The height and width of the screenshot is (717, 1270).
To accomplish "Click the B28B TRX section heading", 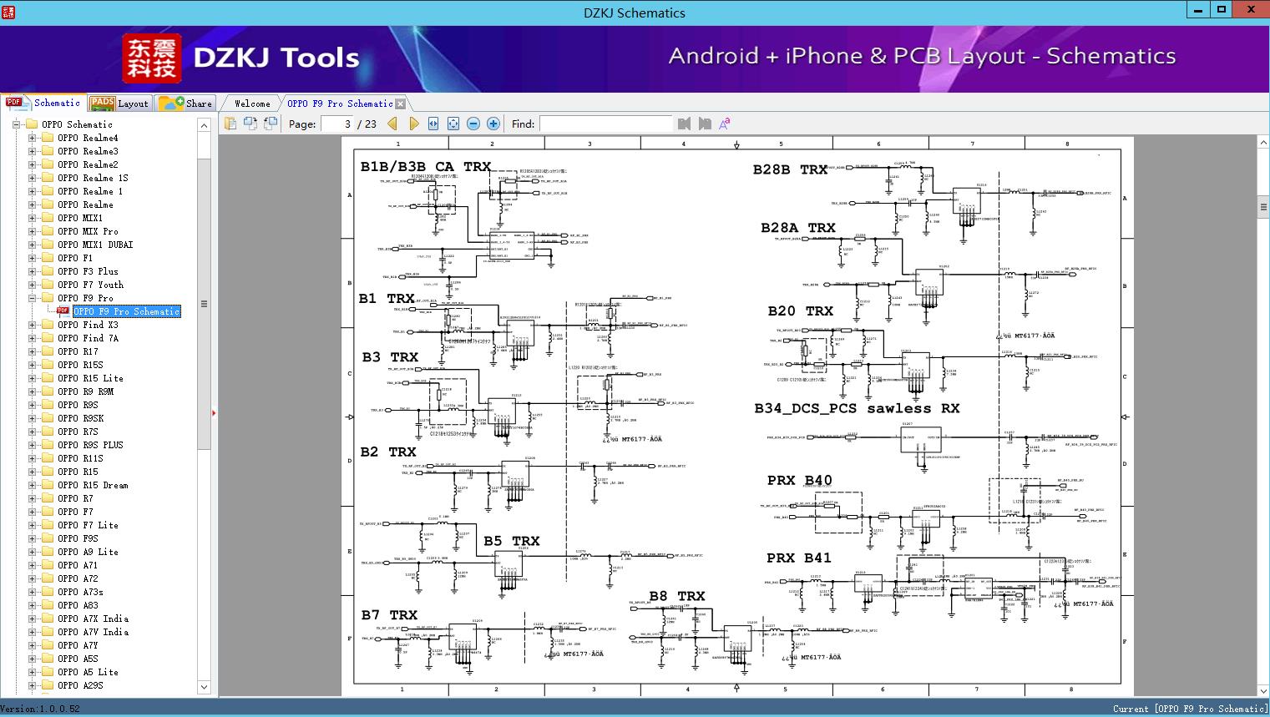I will point(790,169).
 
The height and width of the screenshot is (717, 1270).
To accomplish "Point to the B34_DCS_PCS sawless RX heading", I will point(857,409).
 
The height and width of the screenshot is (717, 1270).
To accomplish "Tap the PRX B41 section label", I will point(798,558).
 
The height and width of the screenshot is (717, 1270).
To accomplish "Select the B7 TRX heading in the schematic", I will point(388,615).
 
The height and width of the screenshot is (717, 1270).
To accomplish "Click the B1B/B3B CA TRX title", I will point(425,167).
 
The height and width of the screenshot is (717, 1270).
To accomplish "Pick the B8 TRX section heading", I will point(676,596).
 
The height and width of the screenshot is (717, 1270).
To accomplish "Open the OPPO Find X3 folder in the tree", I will point(88,325).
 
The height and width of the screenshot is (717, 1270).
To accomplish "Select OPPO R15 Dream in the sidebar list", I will point(93,485).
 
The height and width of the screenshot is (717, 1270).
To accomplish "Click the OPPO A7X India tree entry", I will point(93,619).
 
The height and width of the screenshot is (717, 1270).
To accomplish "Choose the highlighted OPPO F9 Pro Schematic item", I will point(126,311).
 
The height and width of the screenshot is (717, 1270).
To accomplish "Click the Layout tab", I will point(119,104).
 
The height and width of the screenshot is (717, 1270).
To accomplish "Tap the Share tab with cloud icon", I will point(186,104).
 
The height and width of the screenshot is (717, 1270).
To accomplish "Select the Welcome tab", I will point(252,104).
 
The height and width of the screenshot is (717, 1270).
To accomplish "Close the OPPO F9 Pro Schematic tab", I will point(401,104).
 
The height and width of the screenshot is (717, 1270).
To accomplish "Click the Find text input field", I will point(605,124).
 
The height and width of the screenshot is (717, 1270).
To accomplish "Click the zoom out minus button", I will point(473,124).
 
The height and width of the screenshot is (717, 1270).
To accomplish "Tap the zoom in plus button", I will point(493,124).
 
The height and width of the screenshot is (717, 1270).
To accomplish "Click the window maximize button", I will point(1222,10).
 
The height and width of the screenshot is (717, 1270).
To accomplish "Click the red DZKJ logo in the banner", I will point(152,58).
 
